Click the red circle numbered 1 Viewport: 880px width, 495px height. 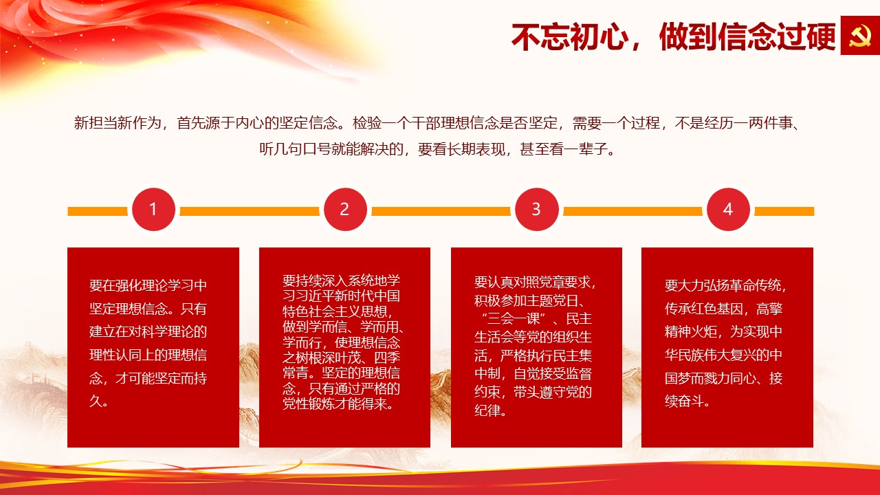pos(153,210)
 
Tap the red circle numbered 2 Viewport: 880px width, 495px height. pos(345,210)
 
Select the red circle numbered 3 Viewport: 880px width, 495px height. pos(537,210)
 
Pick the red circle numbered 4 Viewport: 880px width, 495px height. pos(728,210)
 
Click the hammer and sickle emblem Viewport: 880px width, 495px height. pos(860,36)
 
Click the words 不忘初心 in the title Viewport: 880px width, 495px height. pos(570,36)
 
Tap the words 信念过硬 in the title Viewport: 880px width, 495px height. pos(777,36)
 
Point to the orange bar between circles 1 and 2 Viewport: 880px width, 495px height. pos(250,211)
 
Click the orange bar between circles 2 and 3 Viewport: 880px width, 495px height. pos(441,211)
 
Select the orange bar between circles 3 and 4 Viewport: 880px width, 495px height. pos(632,211)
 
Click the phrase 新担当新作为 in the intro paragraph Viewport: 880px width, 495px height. pos(118,123)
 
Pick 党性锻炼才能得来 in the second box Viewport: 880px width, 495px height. pos(335,404)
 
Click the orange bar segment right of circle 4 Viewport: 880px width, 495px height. pos(784,211)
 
